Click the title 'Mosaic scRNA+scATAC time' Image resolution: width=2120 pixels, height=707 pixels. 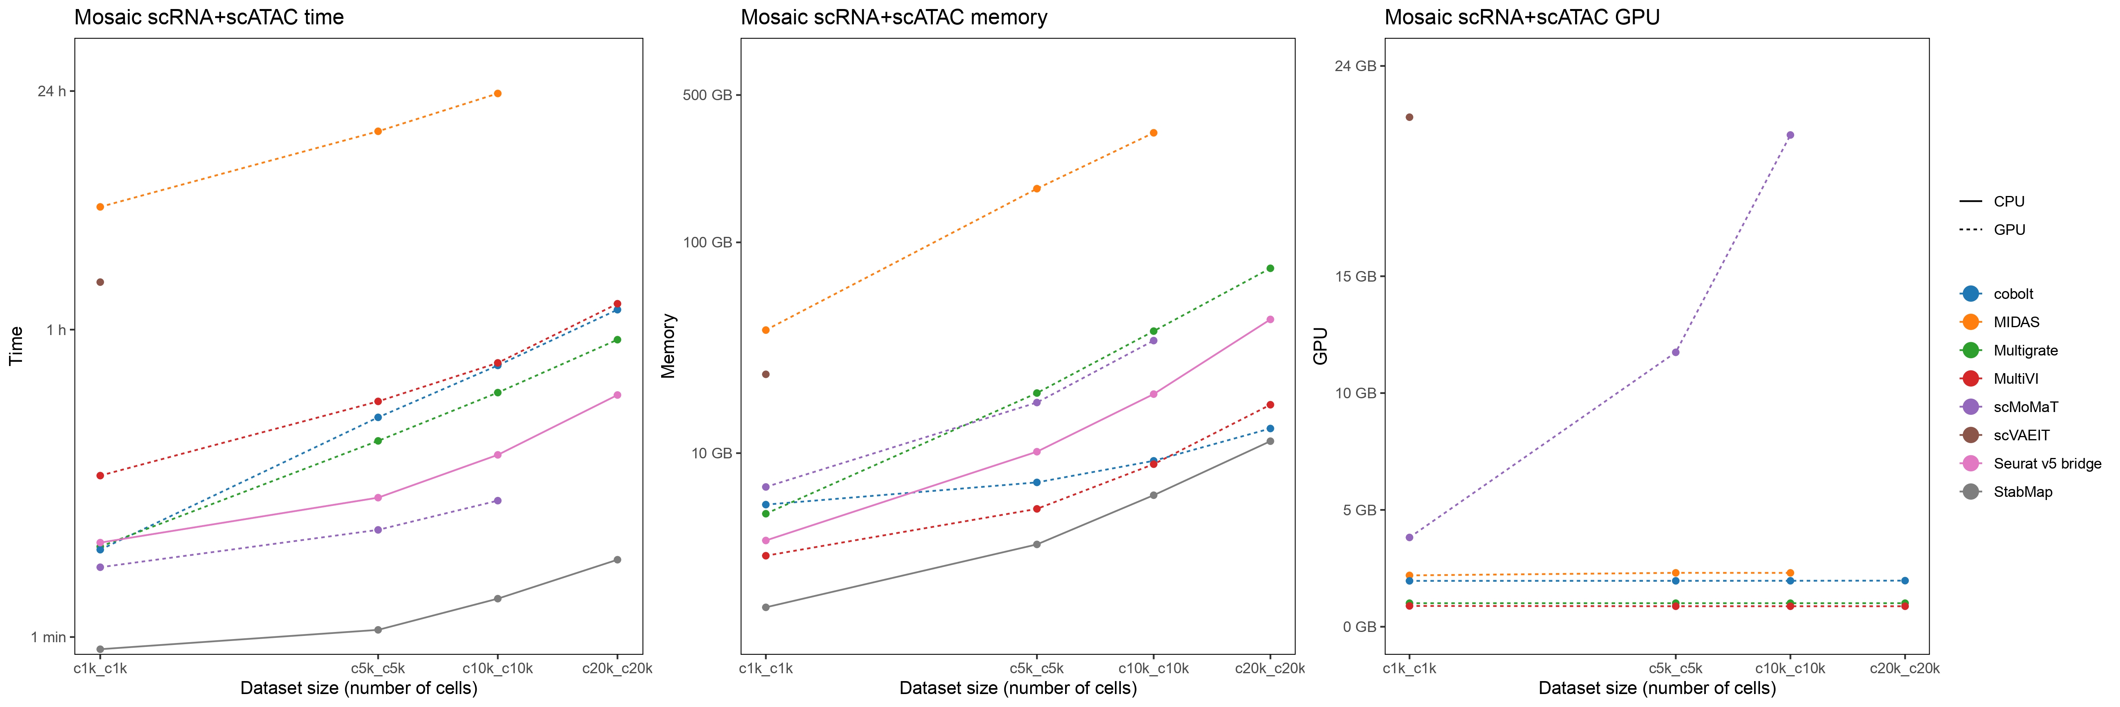coord(209,17)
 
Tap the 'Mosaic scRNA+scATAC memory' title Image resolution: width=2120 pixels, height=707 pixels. coord(894,17)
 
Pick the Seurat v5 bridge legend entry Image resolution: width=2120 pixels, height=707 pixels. coord(2047,463)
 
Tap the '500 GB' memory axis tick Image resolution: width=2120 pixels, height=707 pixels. coord(707,95)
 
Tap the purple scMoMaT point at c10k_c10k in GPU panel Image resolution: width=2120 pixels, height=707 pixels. coord(1790,135)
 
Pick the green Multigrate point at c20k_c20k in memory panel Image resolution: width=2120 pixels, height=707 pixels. coord(1270,268)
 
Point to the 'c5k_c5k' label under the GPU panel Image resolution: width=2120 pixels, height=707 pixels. coord(1676,669)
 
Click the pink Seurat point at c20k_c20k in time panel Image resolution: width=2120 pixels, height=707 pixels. coord(617,395)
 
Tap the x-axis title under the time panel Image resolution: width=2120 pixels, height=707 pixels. coord(359,688)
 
